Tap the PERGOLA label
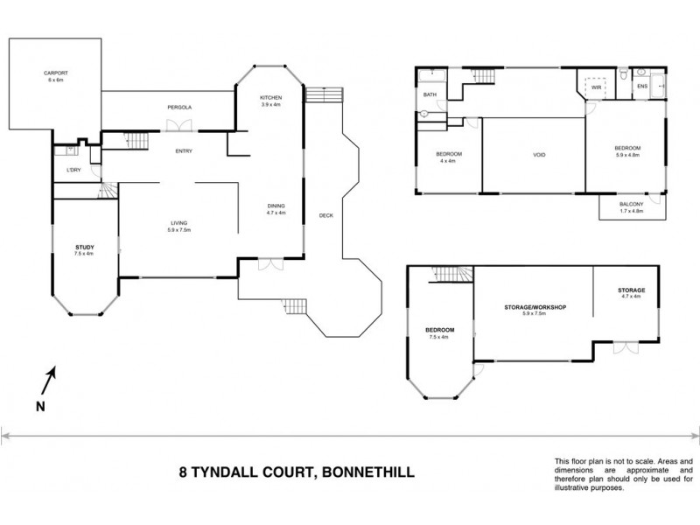click(x=179, y=107)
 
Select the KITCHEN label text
click(x=270, y=96)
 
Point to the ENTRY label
click(x=184, y=151)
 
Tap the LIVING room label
click(x=179, y=223)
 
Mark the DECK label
click(x=326, y=215)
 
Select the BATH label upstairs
click(x=430, y=94)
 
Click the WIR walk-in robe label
click(x=597, y=87)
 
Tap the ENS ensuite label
click(x=642, y=87)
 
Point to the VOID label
click(x=540, y=155)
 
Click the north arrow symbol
click(x=50, y=382)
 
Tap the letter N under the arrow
click(x=39, y=407)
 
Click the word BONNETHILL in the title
click(x=368, y=473)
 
